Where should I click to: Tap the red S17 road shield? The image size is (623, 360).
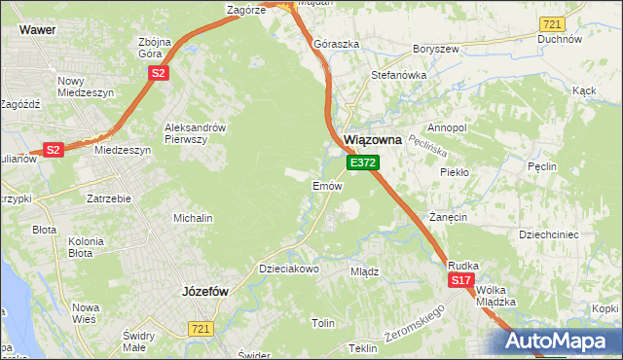(461, 280)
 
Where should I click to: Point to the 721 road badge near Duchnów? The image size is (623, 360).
(553, 23)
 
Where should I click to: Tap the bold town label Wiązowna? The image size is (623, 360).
(373, 140)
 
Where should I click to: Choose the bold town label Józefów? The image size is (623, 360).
(204, 291)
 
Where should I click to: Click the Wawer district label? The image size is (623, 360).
(36, 30)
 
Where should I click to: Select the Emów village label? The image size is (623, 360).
(325, 185)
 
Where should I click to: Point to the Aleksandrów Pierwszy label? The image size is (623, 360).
(196, 133)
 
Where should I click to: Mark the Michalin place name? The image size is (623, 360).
(193, 218)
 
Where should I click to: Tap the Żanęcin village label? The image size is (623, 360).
(448, 216)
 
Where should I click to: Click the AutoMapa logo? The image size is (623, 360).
(561, 342)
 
